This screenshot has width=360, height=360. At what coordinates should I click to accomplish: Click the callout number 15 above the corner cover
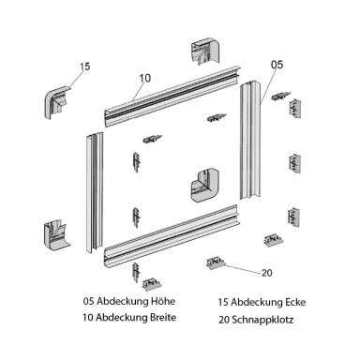click(84, 67)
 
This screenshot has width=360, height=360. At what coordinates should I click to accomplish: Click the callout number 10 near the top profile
click(145, 78)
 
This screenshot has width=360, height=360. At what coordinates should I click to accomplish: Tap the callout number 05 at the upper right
click(277, 65)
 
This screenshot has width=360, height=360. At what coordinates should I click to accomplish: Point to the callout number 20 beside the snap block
click(266, 273)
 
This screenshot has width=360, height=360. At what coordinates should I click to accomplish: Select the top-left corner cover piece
click(57, 102)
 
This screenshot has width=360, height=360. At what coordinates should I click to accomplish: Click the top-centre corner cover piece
click(205, 52)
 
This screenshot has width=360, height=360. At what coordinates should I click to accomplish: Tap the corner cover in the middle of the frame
click(205, 186)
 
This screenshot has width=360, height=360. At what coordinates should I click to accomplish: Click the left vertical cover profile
click(95, 192)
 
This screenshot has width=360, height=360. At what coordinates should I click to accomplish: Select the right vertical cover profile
click(251, 140)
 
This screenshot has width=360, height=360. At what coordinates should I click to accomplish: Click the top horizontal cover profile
click(172, 97)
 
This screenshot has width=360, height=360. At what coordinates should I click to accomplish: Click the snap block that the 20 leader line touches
click(215, 263)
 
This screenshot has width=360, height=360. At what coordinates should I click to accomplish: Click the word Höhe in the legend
click(163, 301)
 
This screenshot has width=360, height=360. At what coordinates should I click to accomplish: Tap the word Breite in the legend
click(164, 318)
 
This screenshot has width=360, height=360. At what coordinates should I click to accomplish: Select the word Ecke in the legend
click(295, 302)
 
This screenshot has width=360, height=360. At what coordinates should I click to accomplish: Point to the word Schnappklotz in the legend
click(262, 320)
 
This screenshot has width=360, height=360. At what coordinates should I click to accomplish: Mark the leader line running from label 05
click(268, 85)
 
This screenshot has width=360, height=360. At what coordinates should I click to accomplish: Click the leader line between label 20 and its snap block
click(242, 269)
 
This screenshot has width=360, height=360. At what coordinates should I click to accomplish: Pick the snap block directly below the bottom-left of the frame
click(152, 284)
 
